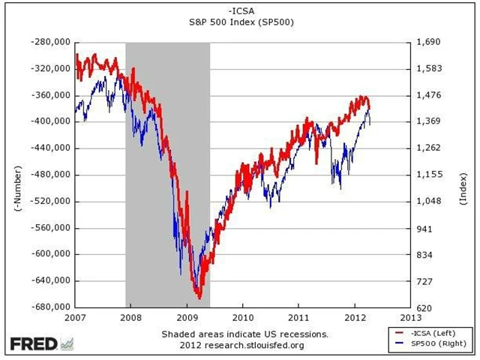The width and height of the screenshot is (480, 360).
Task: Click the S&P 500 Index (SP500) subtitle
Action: coord(240,22)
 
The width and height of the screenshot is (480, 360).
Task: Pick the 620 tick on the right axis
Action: coord(424,307)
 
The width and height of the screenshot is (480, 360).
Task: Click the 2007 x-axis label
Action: coord(76,318)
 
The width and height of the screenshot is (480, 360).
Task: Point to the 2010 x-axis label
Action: coord(243,318)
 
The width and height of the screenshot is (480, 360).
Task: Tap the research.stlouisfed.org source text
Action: coord(259,345)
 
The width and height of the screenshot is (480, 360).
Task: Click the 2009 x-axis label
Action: coord(187,318)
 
